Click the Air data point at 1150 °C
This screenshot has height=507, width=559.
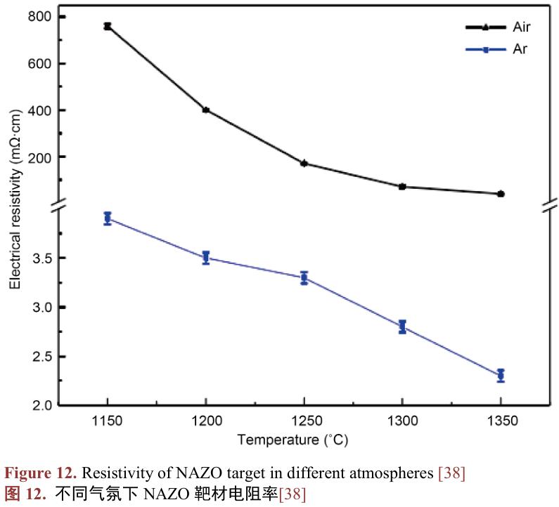108,26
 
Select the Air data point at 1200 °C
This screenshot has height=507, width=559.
206,110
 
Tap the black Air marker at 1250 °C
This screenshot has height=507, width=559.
304,163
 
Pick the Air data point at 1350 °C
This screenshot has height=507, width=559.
501,194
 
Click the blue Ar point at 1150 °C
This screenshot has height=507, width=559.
108,218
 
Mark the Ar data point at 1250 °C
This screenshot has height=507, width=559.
304,277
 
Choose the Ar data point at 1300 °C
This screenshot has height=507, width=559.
402,327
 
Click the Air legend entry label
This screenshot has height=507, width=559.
521,27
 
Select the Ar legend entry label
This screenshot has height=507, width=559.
520,49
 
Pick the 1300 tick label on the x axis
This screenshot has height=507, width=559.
402,421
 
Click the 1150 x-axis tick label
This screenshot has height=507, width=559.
108,421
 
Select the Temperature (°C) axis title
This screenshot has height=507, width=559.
293,440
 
